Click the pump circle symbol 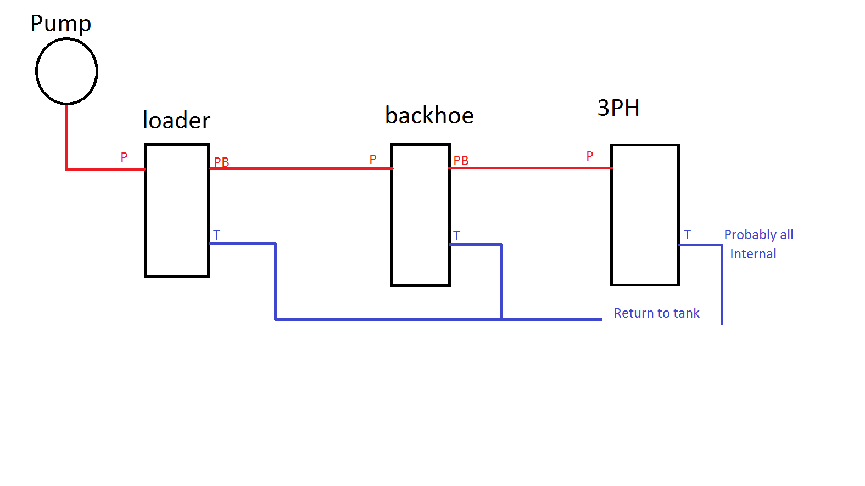(x=66, y=71)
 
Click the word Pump (x=60, y=24)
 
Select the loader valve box (x=177, y=210)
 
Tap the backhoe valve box (x=421, y=214)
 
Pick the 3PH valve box (x=645, y=214)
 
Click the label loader (x=176, y=121)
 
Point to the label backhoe (x=429, y=116)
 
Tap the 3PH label (x=618, y=108)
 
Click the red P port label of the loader (x=124, y=157)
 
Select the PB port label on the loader (x=221, y=162)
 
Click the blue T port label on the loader (x=217, y=235)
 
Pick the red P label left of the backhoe (x=373, y=160)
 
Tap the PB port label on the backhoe (x=461, y=161)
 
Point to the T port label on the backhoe (x=456, y=236)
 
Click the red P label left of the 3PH (x=590, y=156)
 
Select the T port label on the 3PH (x=687, y=235)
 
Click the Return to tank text (x=656, y=313)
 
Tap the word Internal (x=753, y=254)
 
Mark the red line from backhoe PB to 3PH (x=530, y=168)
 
